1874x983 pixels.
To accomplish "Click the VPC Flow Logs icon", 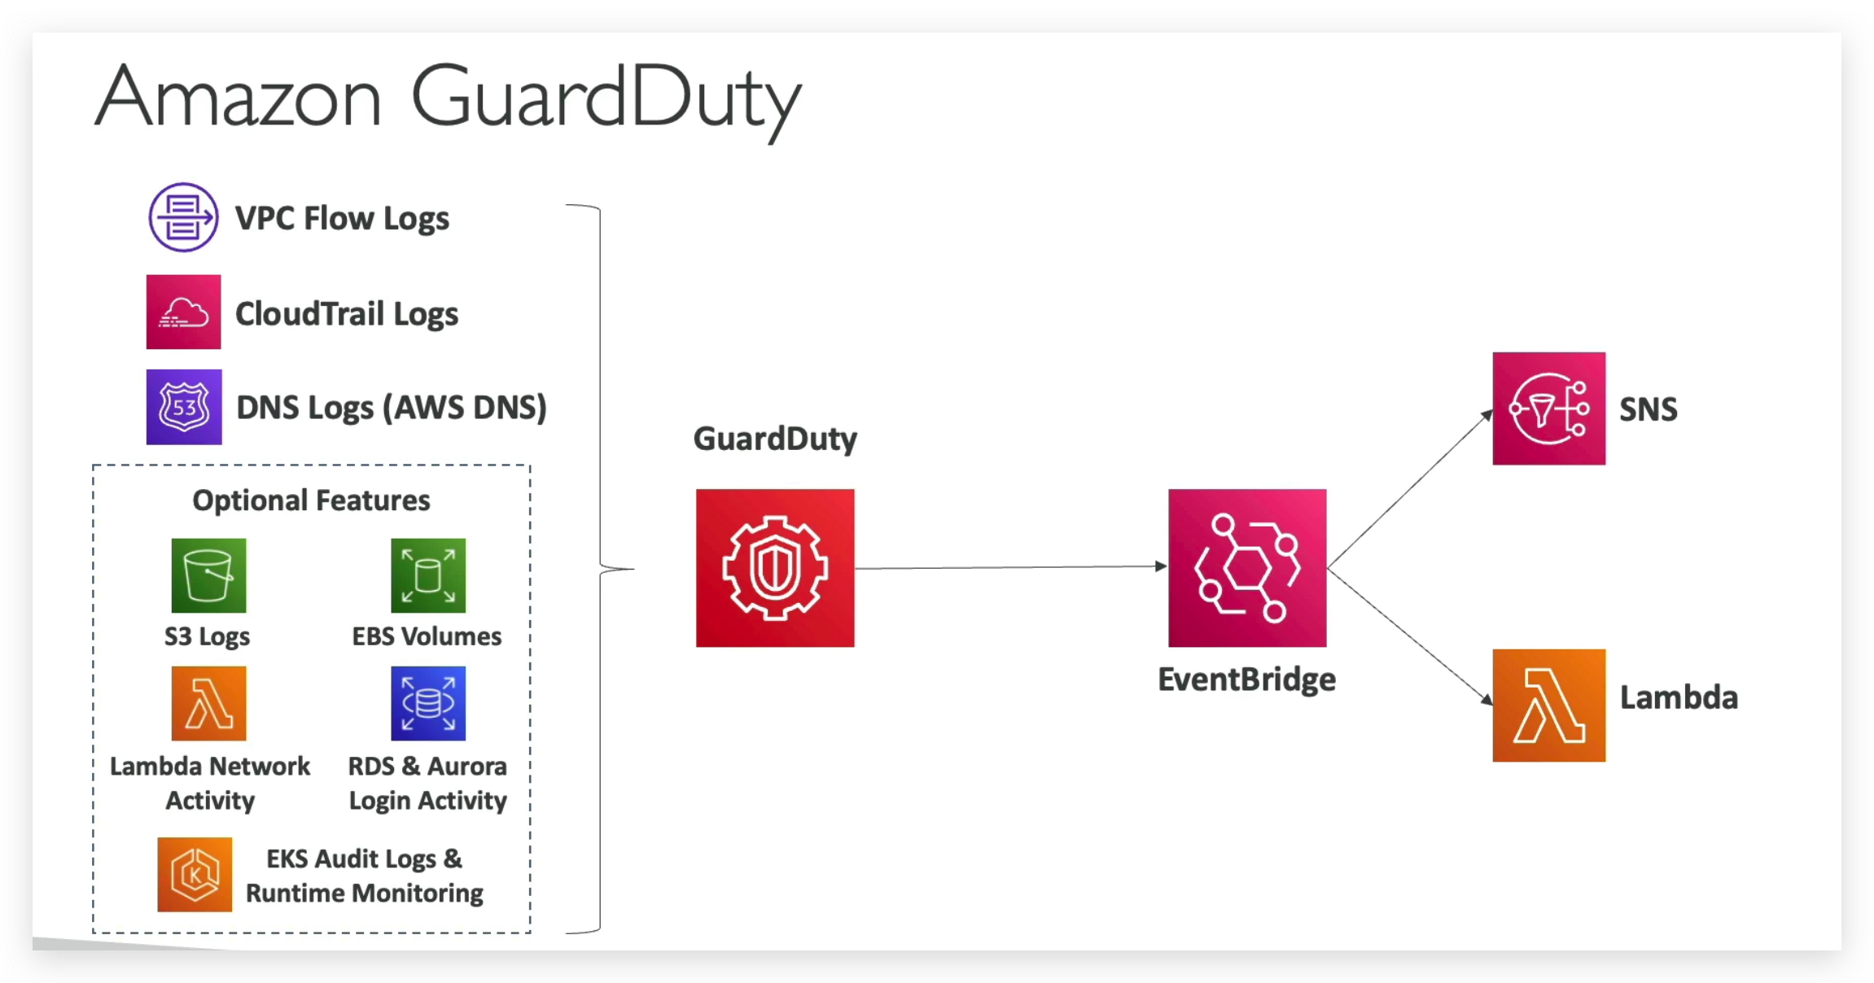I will click(x=183, y=217).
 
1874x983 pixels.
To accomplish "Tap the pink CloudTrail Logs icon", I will click(x=183, y=312).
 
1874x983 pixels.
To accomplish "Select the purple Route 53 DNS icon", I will click(x=184, y=407).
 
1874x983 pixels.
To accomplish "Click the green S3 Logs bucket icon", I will click(x=208, y=575).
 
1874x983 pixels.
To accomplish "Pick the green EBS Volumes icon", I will click(x=428, y=575).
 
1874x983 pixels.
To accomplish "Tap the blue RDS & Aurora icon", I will click(x=428, y=703).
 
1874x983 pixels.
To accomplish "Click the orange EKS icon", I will click(x=195, y=875).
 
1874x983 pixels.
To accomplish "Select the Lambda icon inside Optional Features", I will click(x=208, y=703).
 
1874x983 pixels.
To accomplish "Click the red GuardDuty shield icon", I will click(x=775, y=568).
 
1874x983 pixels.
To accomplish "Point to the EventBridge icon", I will click(x=1247, y=568).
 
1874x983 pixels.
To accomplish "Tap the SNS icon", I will click(x=1548, y=408).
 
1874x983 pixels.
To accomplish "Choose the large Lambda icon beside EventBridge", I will click(x=1548, y=706).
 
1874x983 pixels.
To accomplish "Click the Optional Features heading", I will click(x=311, y=500).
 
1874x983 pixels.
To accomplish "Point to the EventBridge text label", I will click(x=1246, y=679).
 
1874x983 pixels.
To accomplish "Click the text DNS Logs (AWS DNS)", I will click(x=391, y=408).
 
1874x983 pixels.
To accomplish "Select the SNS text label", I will click(x=1649, y=409).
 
